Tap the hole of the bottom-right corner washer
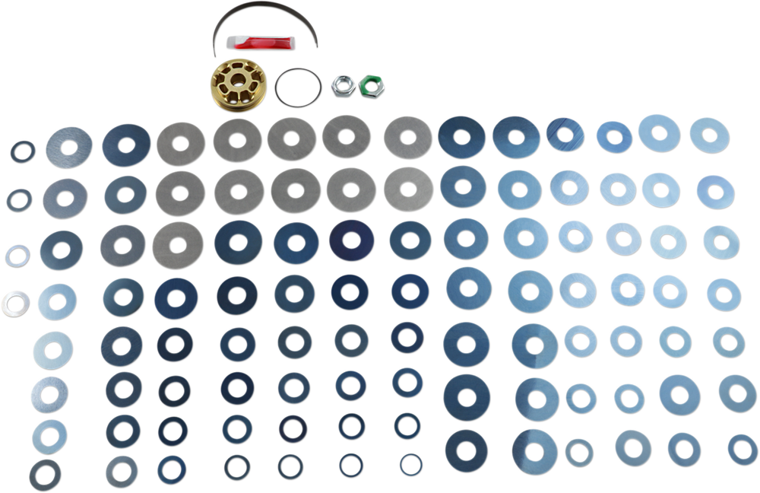[743, 442]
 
